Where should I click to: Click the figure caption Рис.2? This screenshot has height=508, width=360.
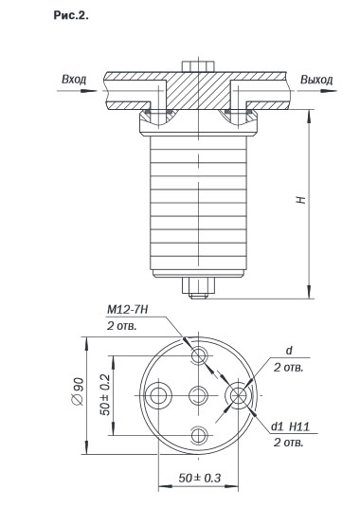click(71, 15)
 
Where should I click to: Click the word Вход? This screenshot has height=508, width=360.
click(74, 80)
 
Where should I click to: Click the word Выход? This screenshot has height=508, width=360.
click(316, 80)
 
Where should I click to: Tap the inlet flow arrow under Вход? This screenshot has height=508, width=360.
click(77, 91)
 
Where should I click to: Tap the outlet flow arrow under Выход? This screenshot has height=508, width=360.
click(316, 91)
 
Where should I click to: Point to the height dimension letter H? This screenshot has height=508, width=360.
click(301, 200)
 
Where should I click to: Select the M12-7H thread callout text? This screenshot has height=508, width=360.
click(128, 310)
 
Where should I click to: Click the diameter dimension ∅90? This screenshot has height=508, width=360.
click(79, 391)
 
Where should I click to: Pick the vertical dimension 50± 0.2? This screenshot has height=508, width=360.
click(105, 395)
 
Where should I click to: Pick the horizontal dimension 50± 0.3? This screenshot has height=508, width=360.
click(200, 478)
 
